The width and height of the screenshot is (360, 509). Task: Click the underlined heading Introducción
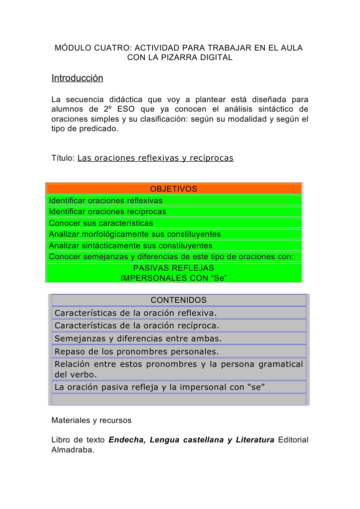(x=77, y=79)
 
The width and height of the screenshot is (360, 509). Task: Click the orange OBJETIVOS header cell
(x=174, y=189)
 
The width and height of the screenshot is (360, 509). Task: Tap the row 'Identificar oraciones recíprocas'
(x=107, y=212)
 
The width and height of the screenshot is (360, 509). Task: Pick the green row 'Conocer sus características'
(x=101, y=223)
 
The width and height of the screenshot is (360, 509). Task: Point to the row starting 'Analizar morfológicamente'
(x=135, y=234)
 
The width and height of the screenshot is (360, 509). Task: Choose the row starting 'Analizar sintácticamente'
(x=131, y=246)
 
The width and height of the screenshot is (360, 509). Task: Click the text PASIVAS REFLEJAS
(x=173, y=268)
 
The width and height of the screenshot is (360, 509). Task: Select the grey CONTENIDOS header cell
(x=179, y=300)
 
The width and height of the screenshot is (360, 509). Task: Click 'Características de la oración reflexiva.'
(x=136, y=313)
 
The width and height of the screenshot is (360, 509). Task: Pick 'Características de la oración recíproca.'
(x=137, y=326)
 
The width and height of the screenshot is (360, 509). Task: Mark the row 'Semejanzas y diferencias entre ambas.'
(x=138, y=338)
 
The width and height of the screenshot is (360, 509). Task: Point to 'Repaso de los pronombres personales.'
(x=137, y=351)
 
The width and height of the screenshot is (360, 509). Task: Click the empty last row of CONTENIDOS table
(x=179, y=399)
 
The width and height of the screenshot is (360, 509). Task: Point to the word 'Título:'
(x=63, y=159)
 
